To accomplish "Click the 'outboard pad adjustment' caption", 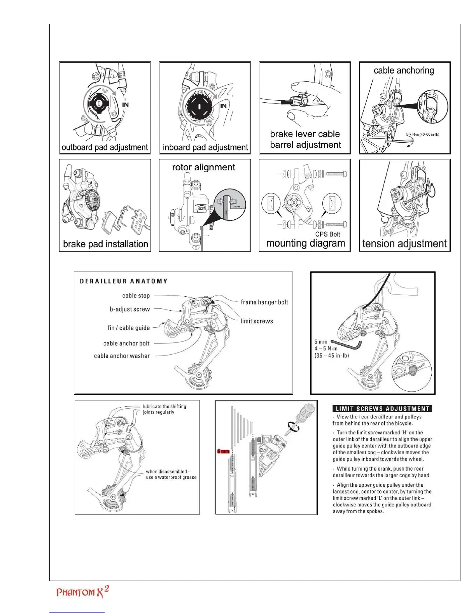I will click(105, 147).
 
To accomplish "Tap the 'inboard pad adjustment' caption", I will click(205, 147).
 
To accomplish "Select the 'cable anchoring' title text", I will click(404, 70).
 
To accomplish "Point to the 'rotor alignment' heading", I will click(203, 167).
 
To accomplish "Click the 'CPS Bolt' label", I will click(327, 234).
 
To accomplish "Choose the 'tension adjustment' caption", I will click(404, 243).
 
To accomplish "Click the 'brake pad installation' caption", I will click(105, 244).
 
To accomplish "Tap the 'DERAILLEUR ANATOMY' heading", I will click(124, 281).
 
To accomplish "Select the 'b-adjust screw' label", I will click(129, 310).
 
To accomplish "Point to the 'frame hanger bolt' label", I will click(264, 302).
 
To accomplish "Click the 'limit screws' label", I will click(257, 321).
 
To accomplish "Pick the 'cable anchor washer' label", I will click(122, 356).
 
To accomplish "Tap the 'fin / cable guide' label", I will click(129, 328).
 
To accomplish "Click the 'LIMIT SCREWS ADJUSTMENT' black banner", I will click(382, 409).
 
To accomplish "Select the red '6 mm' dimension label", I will click(223, 451).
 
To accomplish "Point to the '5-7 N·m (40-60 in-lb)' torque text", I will click(423, 135).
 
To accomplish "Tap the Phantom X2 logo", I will click(82, 592).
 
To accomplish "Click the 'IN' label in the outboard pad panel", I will click(125, 105).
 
